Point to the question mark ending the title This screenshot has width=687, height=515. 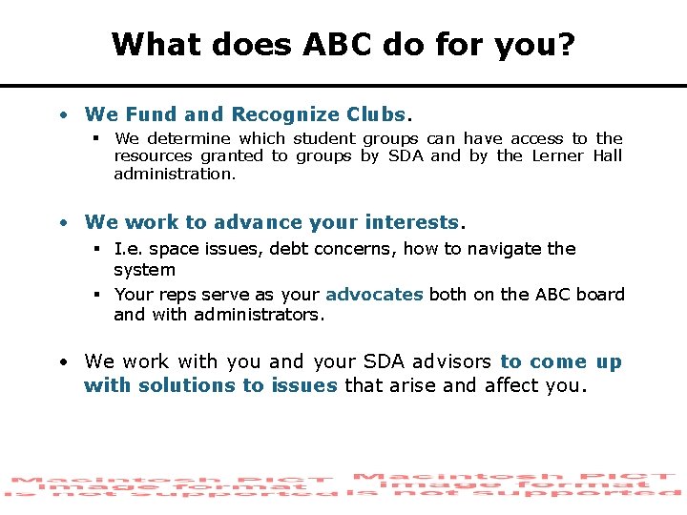click(567, 44)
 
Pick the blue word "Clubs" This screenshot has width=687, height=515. click(376, 114)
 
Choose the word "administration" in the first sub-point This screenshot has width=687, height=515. click(173, 174)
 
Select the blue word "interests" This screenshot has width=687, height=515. click(411, 222)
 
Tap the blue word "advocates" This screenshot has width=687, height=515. click(374, 295)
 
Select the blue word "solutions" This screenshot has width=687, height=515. click(188, 385)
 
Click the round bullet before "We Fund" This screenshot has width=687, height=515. click(63, 115)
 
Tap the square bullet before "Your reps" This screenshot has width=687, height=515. click(98, 295)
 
